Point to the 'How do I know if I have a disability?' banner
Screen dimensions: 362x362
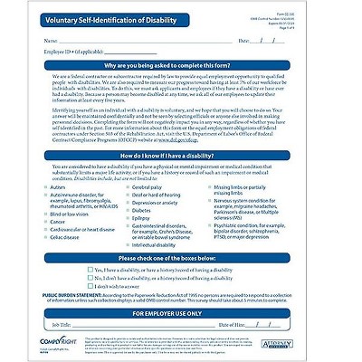181,156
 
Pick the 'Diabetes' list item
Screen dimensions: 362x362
150,210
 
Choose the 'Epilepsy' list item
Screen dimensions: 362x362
150,218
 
